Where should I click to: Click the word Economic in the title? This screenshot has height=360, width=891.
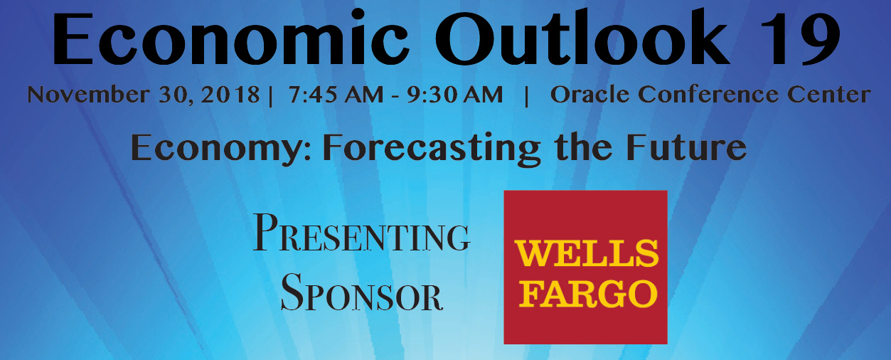[231, 38]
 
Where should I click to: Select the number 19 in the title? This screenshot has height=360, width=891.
[799, 38]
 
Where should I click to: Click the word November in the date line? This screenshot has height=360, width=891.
[88, 95]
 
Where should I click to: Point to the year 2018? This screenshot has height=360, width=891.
[230, 95]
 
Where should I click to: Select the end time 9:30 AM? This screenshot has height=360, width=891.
[454, 95]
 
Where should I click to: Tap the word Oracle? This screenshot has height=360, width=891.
[590, 95]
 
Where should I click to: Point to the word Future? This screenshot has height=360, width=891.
[686, 147]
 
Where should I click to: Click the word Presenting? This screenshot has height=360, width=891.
[361, 233]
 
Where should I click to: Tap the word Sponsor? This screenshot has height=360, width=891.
[361, 292]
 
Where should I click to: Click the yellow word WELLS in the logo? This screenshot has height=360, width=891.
[587, 253]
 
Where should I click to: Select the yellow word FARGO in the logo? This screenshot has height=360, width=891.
[588, 294]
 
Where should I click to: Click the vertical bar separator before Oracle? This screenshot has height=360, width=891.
[527, 96]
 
